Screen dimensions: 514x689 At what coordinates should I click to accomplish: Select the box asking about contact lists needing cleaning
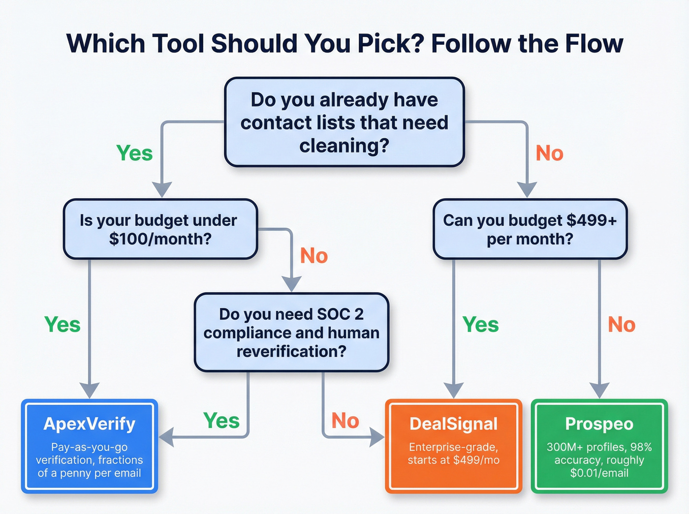click(344, 122)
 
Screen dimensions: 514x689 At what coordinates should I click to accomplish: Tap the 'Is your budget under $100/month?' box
click(160, 229)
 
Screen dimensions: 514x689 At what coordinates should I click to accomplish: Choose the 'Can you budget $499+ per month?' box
click(530, 229)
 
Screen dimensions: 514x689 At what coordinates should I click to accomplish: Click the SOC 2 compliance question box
click(291, 333)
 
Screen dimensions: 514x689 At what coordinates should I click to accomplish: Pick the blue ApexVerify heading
click(89, 423)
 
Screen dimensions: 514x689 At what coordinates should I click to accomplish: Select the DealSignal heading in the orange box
click(453, 423)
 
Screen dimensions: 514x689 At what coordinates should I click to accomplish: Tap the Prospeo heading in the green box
click(599, 423)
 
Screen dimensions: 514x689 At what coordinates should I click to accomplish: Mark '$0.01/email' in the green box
click(599, 473)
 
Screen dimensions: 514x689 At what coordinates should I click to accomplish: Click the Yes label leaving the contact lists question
click(134, 153)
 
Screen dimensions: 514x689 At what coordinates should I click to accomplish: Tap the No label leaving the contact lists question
click(549, 153)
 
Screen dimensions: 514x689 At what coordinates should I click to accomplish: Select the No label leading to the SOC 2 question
click(314, 256)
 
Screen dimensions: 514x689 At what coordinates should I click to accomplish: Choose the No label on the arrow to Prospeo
click(622, 325)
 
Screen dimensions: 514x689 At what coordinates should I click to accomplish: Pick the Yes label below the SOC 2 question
click(221, 421)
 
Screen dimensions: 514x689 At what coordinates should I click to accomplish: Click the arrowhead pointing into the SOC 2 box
click(292, 284)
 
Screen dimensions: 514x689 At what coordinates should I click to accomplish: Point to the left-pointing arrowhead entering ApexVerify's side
click(166, 437)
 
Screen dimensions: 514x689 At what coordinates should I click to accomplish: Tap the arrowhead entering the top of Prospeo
click(599, 391)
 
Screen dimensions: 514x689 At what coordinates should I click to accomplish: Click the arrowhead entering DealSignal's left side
click(377, 437)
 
